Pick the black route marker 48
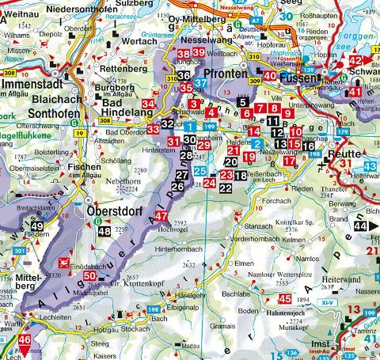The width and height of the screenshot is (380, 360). [104, 232]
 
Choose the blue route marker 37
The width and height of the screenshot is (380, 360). [201, 81]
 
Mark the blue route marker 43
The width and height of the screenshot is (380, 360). [370, 166]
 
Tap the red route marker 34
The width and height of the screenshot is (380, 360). [149, 104]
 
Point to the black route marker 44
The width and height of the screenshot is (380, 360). [361, 226]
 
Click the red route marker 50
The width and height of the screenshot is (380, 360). [89, 275]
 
